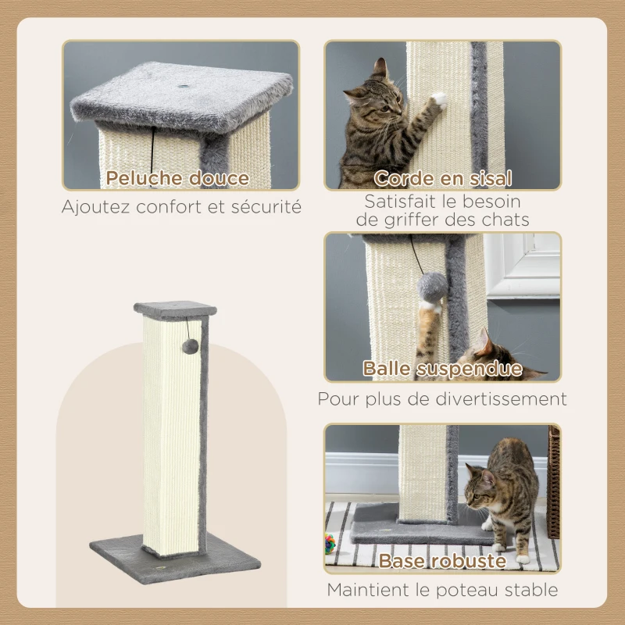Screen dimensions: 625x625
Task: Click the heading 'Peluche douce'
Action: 177,178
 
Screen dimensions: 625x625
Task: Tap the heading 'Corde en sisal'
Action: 442,178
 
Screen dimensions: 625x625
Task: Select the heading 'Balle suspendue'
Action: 442,369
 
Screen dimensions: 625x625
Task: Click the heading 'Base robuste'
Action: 442,560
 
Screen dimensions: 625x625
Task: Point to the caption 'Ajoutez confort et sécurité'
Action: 181,208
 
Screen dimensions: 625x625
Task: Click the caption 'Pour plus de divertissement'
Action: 442,399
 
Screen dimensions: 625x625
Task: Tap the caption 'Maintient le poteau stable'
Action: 442,590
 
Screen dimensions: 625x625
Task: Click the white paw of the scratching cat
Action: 439,99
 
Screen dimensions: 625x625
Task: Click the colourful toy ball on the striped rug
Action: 331,540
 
